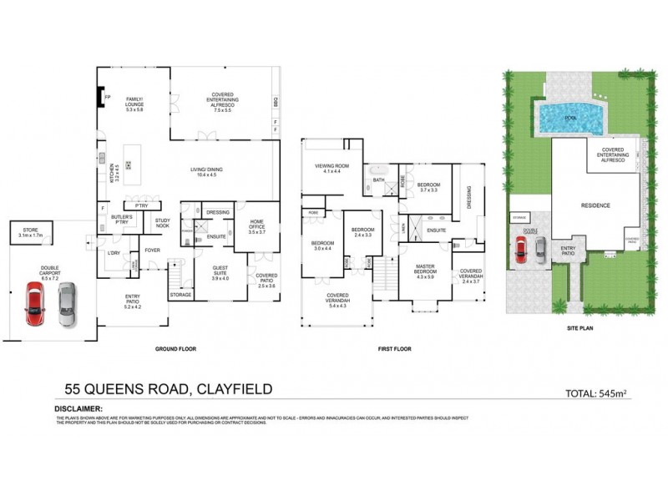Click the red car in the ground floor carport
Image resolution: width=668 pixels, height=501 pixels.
[x=34, y=304]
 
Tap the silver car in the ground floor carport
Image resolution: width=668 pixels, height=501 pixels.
[x=66, y=304]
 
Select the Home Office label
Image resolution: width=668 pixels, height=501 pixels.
[x=256, y=225]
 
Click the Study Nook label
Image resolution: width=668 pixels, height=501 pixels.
[x=162, y=223]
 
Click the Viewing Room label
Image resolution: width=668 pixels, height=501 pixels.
[x=331, y=168]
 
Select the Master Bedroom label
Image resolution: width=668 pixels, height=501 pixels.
[x=425, y=272]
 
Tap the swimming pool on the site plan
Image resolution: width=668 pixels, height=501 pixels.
[x=570, y=118]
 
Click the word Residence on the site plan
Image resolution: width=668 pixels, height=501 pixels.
[x=596, y=205]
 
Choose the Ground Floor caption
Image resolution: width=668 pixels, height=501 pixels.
[x=175, y=348]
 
